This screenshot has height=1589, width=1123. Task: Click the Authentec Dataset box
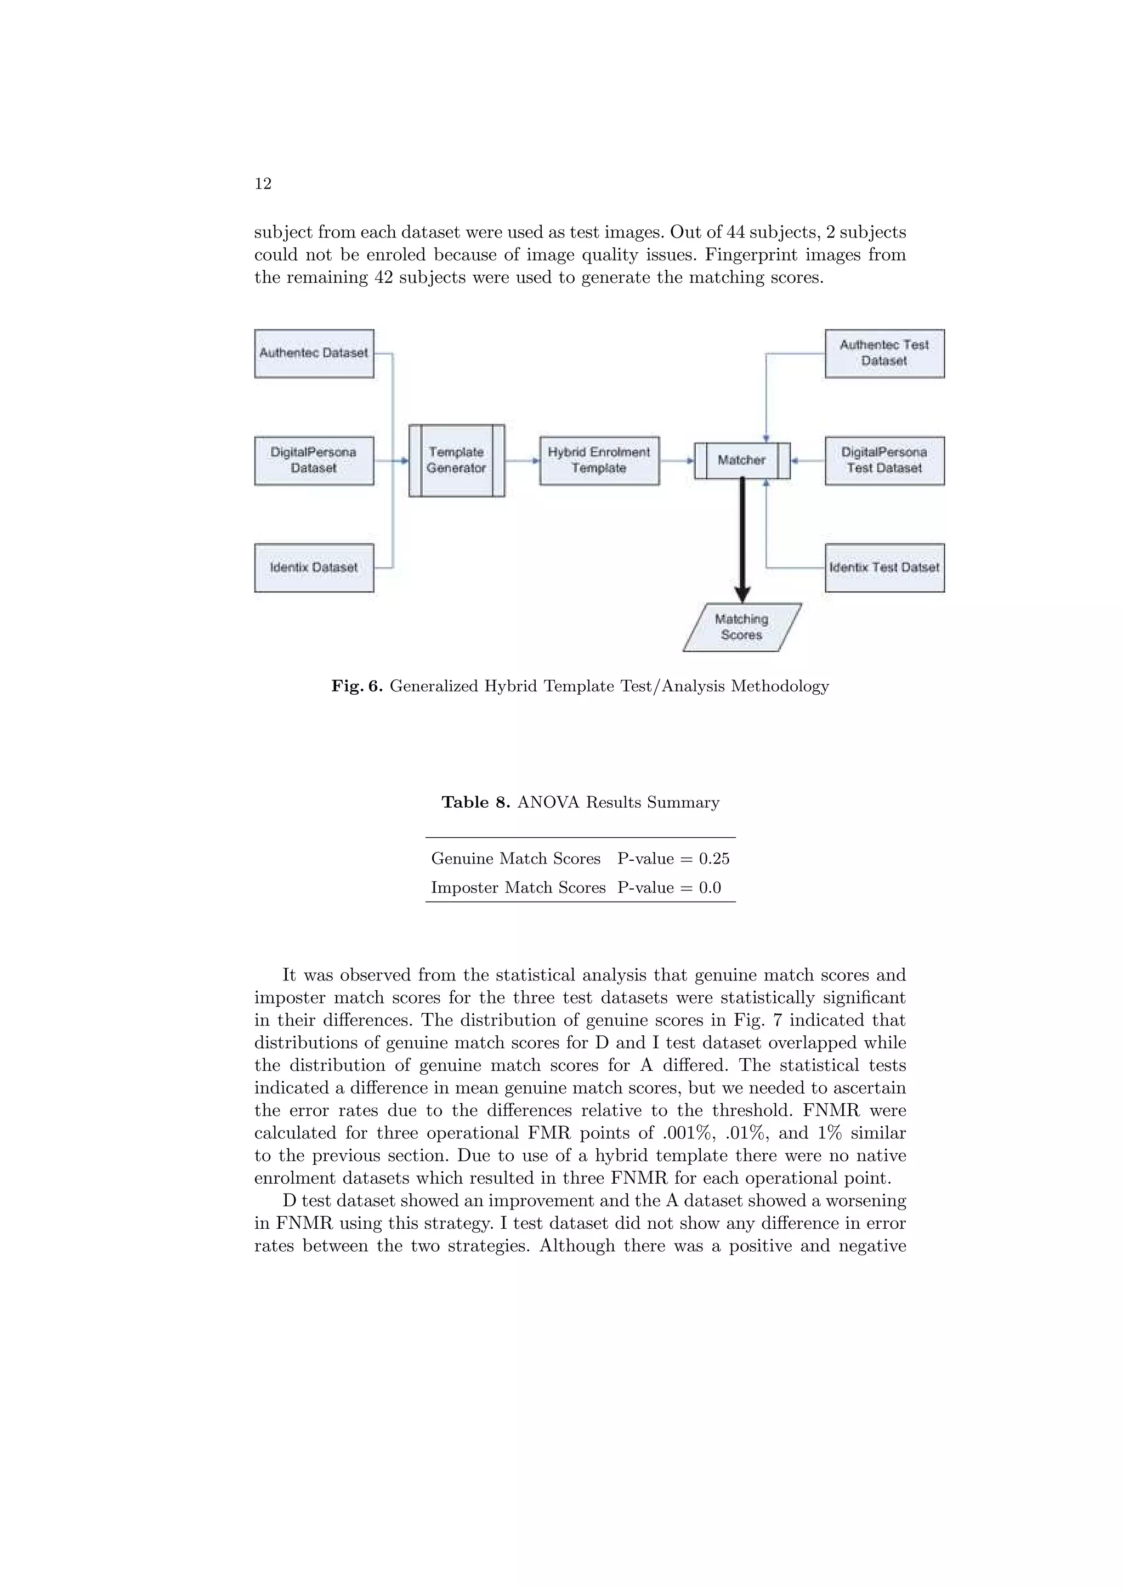point(314,354)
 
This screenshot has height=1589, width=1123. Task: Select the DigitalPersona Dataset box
point(314,460)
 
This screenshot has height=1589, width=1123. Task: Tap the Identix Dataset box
point(314,567)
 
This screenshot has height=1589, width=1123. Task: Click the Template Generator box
point(456,460)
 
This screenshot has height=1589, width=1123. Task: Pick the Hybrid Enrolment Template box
point(599,460)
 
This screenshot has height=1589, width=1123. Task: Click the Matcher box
point(742,460)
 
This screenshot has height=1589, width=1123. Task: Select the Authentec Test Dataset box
point(884,354)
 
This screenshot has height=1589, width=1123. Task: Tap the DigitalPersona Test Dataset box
point(884,460)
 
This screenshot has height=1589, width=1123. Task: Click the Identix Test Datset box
point(884,567)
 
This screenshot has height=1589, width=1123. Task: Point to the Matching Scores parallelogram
point(742,627)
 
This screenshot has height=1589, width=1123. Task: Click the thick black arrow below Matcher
point(742,540)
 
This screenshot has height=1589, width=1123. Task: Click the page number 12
point(263,183)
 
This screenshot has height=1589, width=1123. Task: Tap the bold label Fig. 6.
point(356,686)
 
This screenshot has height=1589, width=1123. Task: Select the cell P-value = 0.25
point(673,859)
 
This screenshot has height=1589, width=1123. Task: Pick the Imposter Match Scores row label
point(518,888)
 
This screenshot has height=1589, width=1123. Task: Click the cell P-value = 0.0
point(669,888)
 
